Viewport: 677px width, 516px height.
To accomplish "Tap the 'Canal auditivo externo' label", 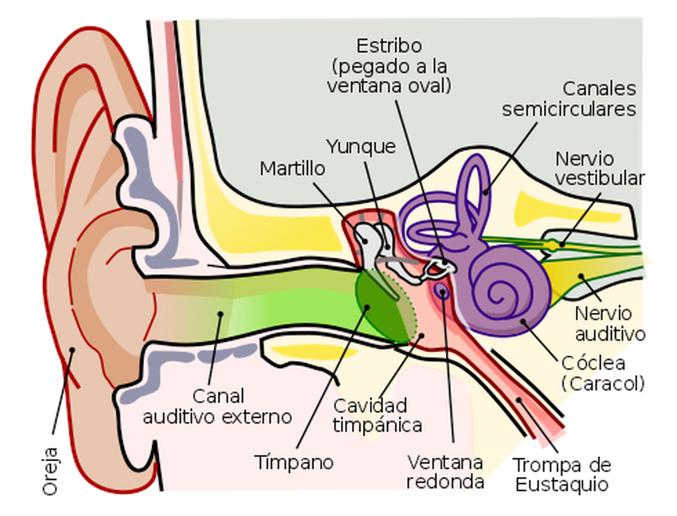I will coord(217,405).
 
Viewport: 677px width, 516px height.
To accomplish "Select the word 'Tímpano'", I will coord(294,462).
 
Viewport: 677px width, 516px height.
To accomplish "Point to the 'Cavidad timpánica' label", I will coord(378,415).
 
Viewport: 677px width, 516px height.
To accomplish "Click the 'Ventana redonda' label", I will coord(445,471).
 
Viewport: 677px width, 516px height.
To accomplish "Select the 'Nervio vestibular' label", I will coord(599,168).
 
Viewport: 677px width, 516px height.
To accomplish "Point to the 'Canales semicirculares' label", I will coord(569,98).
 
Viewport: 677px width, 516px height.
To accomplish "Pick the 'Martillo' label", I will coord(293,169).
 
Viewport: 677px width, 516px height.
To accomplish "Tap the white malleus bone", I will coord(368,239).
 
